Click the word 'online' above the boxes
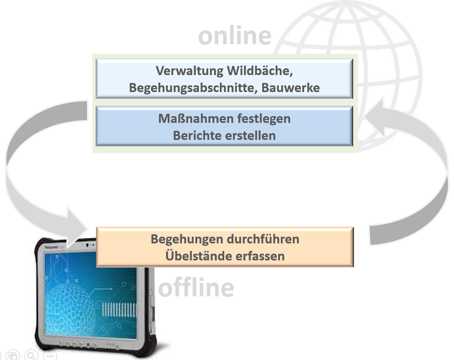coord(234,35)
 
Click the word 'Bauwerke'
coord(291,87)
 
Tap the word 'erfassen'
coord(261,256)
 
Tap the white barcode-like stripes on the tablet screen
coord(119,309)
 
